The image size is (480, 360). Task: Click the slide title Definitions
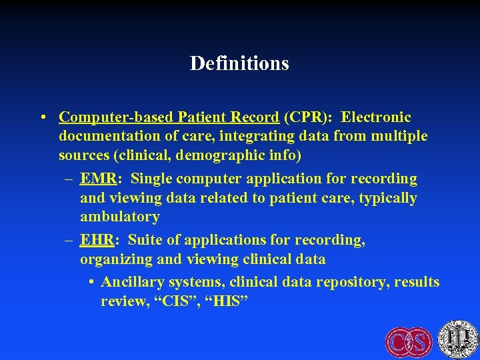pyautogui.click(x=239, y=63)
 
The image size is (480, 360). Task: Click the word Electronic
pyautogui.click(x=376, y=118)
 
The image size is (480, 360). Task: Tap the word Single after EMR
pyautogui.click(x=153, y=179)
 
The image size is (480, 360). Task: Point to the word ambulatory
pyautogui.click(x=120, y=217)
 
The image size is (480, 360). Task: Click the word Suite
pyautogui.click(x=147, y=239)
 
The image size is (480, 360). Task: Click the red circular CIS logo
pyautogui.click(x=409, y=342)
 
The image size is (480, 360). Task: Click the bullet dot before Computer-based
pyautogui.click(x=43, y=118)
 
